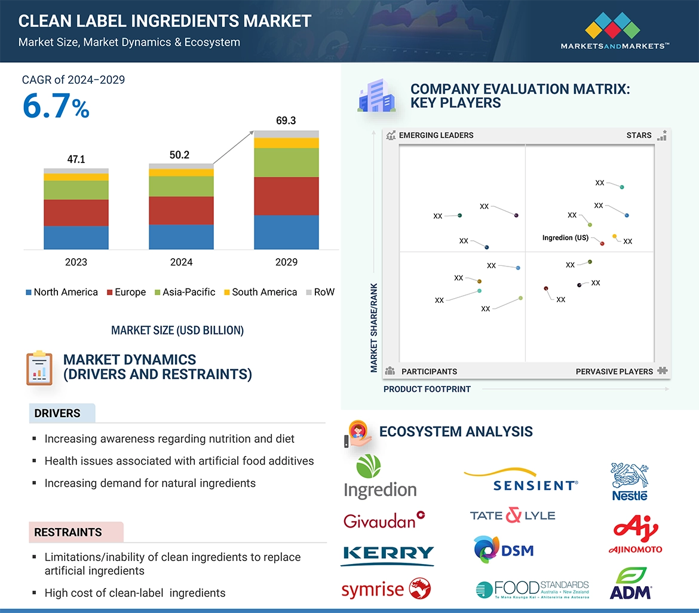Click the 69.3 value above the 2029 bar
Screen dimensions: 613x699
tap(286, 121)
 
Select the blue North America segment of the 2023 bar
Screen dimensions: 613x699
tap(76, 237)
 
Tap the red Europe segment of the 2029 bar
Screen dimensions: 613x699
tap(286, 196)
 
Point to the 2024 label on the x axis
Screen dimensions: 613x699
tap(181, 262)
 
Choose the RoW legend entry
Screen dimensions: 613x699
tap(320, 292)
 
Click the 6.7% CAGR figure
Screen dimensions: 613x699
tap(56, 107)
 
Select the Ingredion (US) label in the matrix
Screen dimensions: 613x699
tap(565, 238)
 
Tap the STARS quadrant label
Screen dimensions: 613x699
tap(639, 136)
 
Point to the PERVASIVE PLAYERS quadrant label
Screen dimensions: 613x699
tap(614, 372)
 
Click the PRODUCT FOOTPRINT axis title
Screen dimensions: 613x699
tap(427, 389)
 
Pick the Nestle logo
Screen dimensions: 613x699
tap(630, 482)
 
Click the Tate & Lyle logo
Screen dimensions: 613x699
tap(513, 515)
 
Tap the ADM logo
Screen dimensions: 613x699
tap(630, 584)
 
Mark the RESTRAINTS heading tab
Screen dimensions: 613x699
tap(68, 532)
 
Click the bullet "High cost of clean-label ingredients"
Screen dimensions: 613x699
tap(135, 593)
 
